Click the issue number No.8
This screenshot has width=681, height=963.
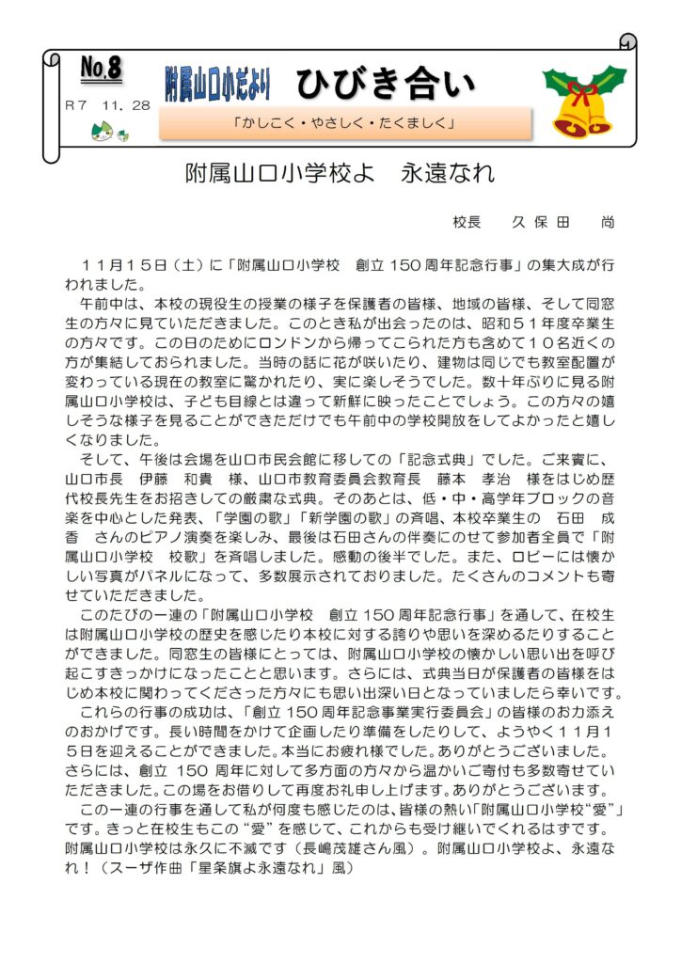pyautogui.click(x=101, y=68)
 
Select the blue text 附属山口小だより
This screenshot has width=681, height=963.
pyautogui.click(x=217, y=85)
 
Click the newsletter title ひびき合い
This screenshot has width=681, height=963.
pyautogui.click(x=387, y=84)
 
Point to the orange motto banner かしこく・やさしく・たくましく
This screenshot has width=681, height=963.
pyautogui.click(x=345, y=123)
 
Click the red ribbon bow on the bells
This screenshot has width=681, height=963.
pyautogui.click(x=582, y=94)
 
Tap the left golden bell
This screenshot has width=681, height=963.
pyautogui.click(x=569, y=119)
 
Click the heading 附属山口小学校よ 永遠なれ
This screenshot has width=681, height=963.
pyautogui.click(x=340, y=174)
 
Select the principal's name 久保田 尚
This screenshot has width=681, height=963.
pyautogui.click(x=563, y=223)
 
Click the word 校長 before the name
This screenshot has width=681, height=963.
pyautogui.click(x=467, y=223)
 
